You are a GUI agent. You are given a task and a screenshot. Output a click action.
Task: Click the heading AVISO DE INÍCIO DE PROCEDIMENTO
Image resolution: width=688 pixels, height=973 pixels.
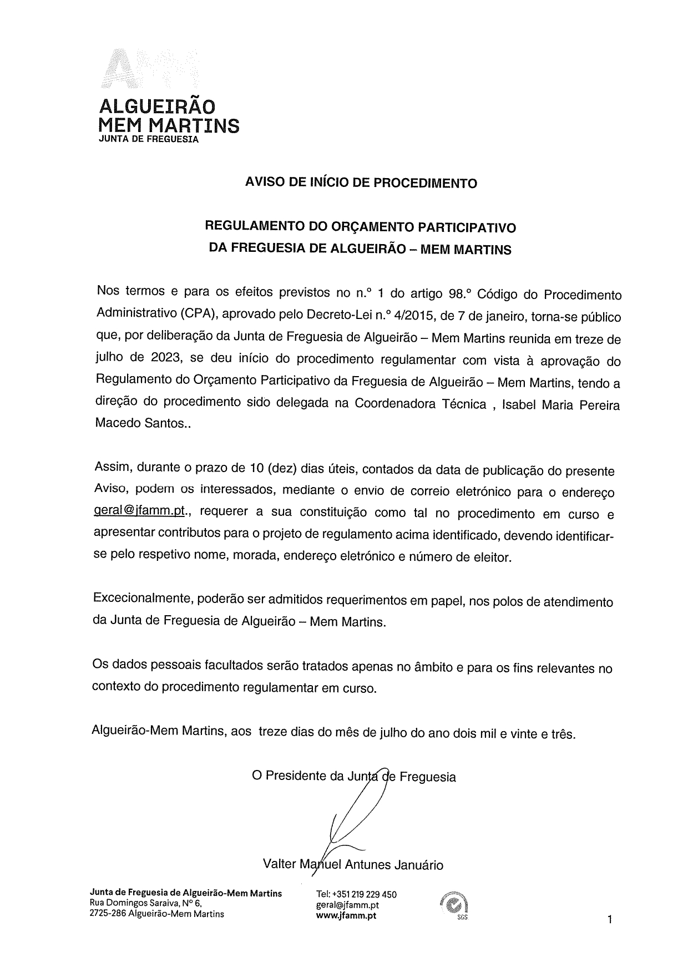point(361,183)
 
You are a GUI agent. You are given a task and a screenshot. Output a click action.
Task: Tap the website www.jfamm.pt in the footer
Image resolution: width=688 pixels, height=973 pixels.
point(346,915)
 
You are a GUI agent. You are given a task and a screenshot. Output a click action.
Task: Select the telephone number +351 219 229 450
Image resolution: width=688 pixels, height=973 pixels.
point(364,894)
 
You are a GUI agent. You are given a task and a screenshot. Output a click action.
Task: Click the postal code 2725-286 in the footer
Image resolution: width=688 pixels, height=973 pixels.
point(107,914)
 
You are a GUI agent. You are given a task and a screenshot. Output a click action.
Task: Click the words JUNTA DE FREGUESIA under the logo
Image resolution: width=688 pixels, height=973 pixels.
point(148,139)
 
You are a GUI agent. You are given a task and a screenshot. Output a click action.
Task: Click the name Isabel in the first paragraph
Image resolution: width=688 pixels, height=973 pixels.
point(522,404)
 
